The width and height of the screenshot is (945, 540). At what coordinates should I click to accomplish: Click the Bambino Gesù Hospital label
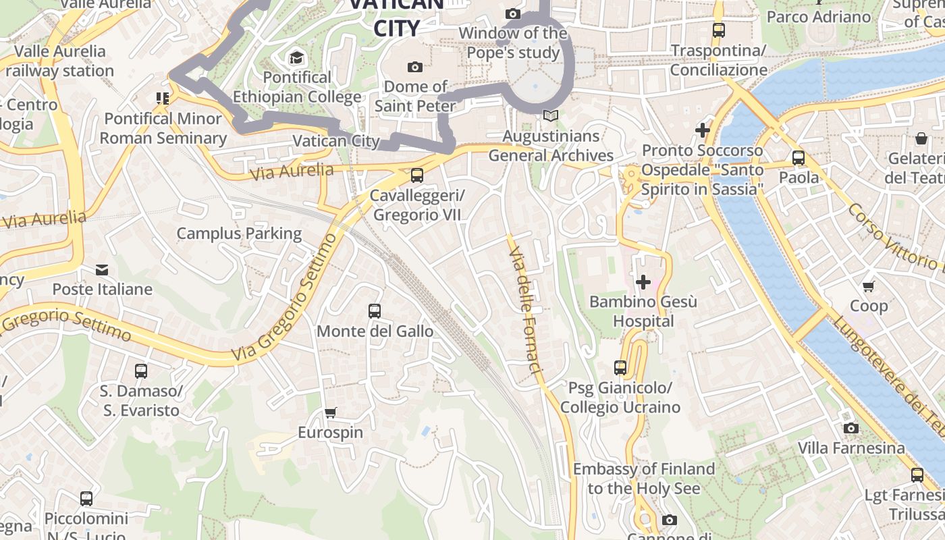coord(643,311)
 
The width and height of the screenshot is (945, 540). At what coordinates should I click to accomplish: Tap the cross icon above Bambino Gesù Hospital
coord(643,281)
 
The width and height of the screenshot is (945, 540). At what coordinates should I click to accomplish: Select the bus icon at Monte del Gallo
coord(375,311)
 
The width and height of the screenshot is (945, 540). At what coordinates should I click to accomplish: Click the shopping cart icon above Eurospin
coord(330,412)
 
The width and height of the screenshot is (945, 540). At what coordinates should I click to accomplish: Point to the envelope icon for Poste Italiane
coord(102,270)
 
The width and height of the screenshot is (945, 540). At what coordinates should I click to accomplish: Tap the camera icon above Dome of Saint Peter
coord(415,67)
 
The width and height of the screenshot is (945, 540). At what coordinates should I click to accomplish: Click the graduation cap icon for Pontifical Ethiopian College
coord(296,57)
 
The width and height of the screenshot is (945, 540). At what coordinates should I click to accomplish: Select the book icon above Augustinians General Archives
coord(551,116)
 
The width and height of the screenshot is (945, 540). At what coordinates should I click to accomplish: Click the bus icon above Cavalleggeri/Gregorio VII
coord(417,175)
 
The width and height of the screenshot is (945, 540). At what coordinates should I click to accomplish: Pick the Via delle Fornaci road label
coord(525,310)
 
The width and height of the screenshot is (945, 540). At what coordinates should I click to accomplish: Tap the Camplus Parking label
coord(239,234)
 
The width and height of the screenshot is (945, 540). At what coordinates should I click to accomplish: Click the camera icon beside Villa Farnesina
coord(851,428)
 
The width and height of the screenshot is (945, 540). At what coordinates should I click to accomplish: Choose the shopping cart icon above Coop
coord(869,286)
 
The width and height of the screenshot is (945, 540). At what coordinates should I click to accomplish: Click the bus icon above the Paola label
coord(799,158)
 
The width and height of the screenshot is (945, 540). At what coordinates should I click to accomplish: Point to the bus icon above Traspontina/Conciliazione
coord(719,30)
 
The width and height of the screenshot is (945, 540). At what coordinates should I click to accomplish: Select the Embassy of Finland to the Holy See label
coord(643,478)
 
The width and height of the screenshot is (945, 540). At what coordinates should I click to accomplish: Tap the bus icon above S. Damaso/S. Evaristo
coord(140,371)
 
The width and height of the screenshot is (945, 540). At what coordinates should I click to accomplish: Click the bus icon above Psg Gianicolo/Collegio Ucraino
coord(620,368)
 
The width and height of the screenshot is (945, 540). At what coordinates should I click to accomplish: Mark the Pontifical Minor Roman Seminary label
coord(163,128)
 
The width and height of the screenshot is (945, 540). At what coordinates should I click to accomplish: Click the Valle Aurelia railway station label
coord(60,61)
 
